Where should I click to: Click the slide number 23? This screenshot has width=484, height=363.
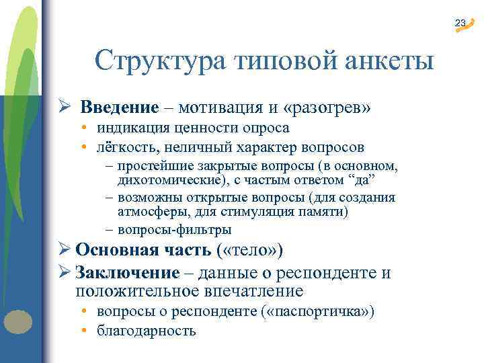click(x=460, y=24)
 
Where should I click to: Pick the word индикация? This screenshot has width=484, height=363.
click(x=130, y=128)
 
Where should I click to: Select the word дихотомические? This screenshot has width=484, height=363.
click(x=165, y=179)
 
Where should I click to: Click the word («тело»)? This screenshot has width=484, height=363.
click(x=251, y=251)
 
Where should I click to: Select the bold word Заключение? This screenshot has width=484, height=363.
click(x=128, y=273)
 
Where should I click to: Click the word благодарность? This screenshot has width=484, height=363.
click(x=146, y=331)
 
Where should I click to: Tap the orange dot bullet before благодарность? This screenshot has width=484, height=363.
click(x=87, y=331)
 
